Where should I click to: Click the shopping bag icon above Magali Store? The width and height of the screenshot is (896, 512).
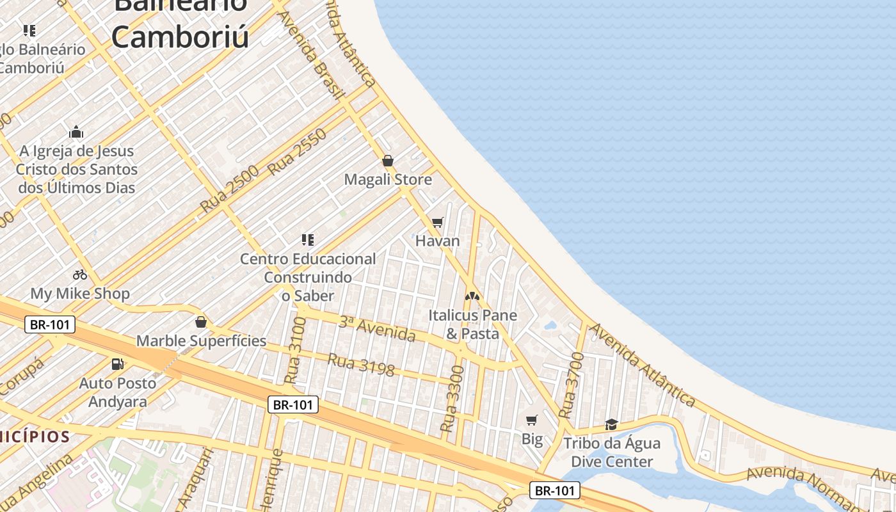click(387, 161)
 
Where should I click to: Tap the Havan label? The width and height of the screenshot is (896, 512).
click(438, 241)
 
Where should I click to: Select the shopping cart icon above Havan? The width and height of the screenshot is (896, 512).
click(438, 223)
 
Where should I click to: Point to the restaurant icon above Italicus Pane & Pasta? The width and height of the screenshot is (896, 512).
click(472, 296)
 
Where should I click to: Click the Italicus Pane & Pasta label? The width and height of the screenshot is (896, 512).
click(472, 324)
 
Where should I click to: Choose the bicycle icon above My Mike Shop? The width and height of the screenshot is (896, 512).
click(80, 275)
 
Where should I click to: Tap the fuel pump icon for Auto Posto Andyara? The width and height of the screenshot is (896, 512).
click(118, 364)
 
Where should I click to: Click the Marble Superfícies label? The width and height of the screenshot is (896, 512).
click(201, 340)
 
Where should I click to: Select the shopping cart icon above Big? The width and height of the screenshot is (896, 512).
click(532, 420)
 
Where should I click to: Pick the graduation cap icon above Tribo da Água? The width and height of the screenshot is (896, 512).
click(611, 424)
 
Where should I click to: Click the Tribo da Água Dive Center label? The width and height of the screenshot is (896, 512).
click(611, 452)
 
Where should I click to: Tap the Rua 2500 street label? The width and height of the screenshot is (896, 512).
click(229, 189)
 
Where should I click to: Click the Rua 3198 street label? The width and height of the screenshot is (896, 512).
click(361, 364)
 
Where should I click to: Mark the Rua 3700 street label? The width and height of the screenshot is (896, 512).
click(571, 385)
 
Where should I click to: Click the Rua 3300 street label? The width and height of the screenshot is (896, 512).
click(452, 398)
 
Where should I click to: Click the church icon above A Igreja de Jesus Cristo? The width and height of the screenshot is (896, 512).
click(76, 132)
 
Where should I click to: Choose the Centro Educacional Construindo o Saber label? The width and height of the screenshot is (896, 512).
click(308, 277)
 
